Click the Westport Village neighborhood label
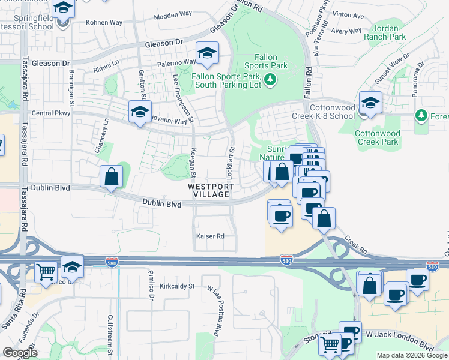208,190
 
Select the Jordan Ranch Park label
389,32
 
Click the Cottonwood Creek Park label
377,137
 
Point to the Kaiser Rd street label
210,236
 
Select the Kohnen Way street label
104,23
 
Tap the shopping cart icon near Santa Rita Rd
47,272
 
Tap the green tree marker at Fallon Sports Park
270,79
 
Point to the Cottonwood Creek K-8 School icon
370,103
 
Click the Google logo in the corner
20,352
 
